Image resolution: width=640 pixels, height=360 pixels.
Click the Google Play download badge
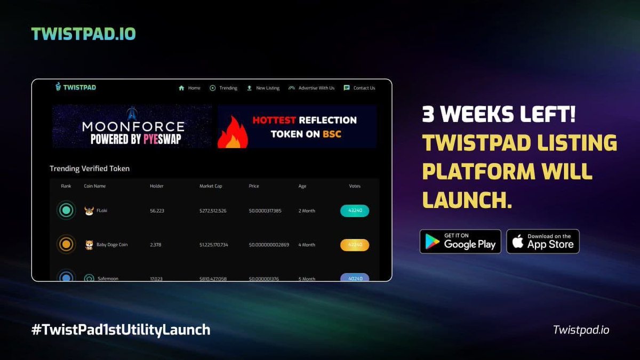coord(460,242)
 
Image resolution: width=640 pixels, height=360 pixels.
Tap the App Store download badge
coord(542,242)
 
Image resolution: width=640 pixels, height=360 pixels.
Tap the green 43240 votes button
coord(355,211)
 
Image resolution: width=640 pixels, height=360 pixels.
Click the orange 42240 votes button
coord(355,245)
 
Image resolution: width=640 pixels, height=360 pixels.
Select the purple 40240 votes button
coord(355,277)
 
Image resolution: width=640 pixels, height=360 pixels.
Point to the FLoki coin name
coord(102,211)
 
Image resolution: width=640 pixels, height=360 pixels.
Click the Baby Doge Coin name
coord(111,245)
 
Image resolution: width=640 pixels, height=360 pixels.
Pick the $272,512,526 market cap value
coord(213,211)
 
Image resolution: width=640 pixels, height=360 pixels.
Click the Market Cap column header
coord(210,186)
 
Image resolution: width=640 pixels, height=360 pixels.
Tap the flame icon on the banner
coord(233,132)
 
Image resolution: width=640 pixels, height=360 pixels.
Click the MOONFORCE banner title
coord(133,126)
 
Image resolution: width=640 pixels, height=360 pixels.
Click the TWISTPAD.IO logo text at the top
coord(83,34)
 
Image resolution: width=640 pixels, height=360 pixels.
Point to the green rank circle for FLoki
coord(66,211)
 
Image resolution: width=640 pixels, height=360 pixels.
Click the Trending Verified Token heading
coord(90,169)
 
